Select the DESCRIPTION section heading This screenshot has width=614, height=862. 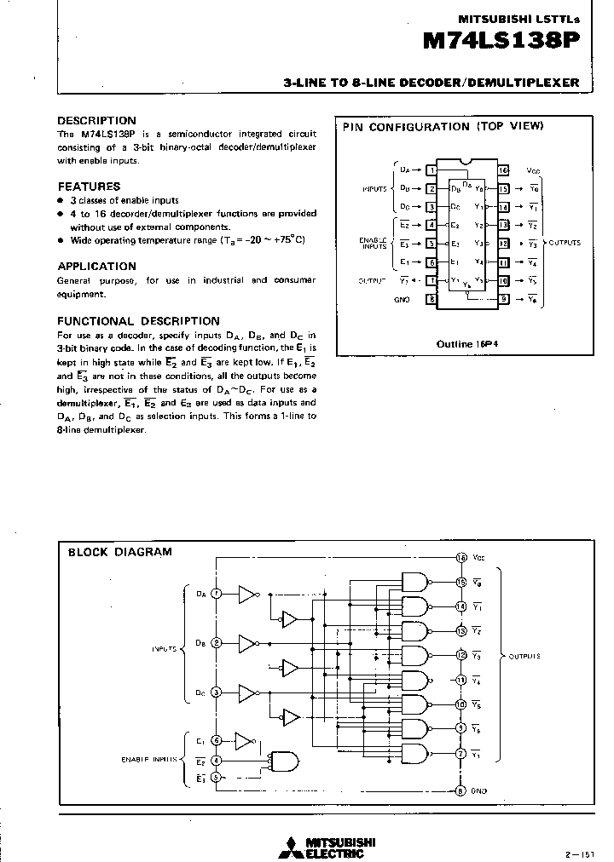coord(96,121)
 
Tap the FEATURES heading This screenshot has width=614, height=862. coord(89,186)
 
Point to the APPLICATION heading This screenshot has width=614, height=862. coord(96,266)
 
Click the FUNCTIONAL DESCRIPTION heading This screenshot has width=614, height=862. coord(138,321)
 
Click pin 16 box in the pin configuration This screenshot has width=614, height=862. coord(504,171)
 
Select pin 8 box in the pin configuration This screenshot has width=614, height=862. coord(432,299)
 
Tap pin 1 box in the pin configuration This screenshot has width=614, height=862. coord(432,171)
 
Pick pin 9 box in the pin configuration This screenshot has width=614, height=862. coord(504,299)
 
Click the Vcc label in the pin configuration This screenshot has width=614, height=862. coord(534,171)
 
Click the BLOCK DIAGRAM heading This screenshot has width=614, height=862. coord(119,552)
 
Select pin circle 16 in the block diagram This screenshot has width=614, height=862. coord(460,558)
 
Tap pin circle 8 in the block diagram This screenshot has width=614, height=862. coord(460,790)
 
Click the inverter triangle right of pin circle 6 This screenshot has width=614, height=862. coord(246,740)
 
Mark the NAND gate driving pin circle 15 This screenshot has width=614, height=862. coord(415,582)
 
